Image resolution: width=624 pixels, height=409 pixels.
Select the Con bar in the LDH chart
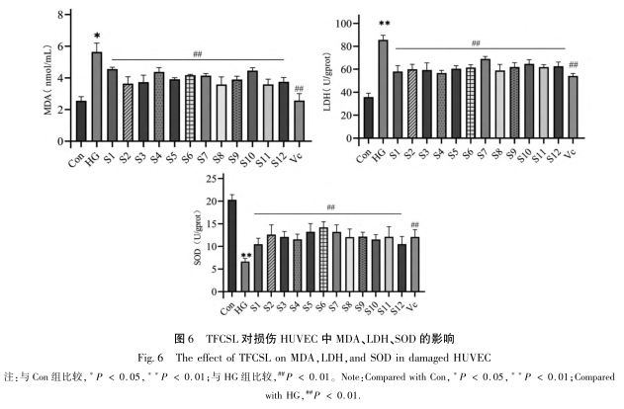click(x=368, y=120)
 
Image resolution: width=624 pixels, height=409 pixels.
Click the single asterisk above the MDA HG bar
click(x=97, y=37)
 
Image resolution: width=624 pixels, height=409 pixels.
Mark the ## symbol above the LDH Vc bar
click(x=573, y=64)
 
